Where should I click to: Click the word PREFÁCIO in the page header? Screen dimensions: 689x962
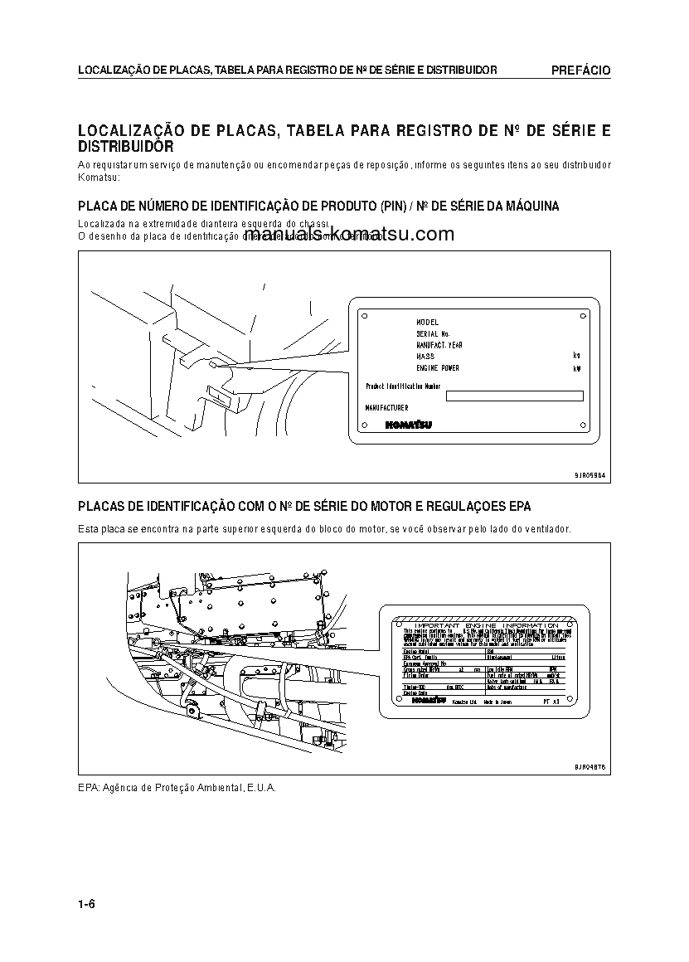pyautogui.click(x=580, y=70)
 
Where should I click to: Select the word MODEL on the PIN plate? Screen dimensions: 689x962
pyautogui.click(x=427, y=322)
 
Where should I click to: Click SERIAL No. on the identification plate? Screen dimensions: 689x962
pyautogui.click(x=432, y=333)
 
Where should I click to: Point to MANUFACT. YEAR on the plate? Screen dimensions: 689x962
pyautogui.click(x=439, y=344)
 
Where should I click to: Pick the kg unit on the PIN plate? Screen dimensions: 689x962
pyautogui.click(x=576, y=356)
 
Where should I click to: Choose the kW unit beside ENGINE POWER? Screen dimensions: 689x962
pyautogui.click(x=576, y=367)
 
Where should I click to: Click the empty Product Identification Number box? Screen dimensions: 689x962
pyautogui.click(x=515, y=396)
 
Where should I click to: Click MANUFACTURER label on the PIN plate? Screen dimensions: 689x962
pyautogui.click(x=386, y=408)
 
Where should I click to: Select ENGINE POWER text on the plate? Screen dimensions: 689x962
pyautogui.click(x=437, y=367)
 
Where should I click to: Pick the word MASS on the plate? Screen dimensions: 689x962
pyautogui.click(x=425, y=356)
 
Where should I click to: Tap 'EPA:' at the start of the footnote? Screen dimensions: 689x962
pyautogui.click(x=88, y=787)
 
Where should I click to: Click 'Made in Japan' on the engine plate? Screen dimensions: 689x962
pyautogui.click(x=497, y=702)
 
